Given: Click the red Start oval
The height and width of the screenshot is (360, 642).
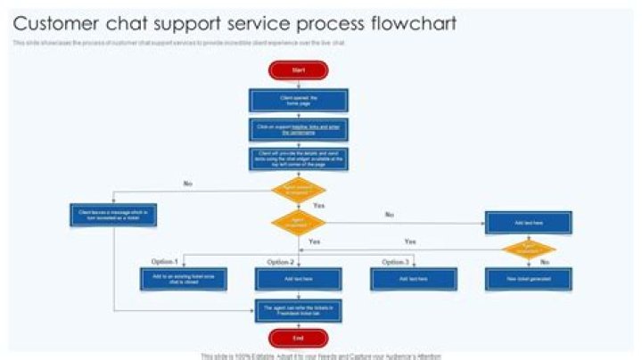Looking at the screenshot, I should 298,70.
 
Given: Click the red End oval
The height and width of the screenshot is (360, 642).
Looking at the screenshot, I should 298,338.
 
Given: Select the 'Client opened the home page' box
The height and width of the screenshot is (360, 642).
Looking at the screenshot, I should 298,100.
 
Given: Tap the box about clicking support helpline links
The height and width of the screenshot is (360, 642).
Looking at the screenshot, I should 298,129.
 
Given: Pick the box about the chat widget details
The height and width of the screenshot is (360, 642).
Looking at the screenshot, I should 298,159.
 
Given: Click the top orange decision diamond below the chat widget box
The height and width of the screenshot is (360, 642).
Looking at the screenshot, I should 298,190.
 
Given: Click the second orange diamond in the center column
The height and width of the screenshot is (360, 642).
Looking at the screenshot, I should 298,223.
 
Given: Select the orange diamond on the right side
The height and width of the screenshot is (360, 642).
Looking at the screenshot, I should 528,249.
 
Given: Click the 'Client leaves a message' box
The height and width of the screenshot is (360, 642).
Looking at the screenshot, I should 114,214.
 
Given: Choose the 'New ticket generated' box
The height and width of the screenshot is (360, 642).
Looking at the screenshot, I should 528,279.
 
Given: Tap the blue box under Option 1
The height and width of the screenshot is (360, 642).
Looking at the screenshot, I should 183,279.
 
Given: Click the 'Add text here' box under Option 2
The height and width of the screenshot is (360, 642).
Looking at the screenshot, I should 298,279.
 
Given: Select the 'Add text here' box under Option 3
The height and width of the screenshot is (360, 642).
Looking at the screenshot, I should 413,279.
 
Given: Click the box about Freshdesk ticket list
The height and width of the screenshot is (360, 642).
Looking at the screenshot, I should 298,310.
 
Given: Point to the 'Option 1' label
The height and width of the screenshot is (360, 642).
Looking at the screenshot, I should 165,262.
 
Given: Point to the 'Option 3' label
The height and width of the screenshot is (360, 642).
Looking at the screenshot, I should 395,262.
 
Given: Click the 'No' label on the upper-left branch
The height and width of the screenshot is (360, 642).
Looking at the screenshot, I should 187,184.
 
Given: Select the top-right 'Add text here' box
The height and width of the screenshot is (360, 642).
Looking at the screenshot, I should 528,222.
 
